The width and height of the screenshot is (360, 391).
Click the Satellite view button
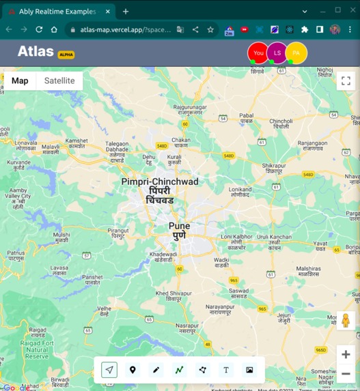59,81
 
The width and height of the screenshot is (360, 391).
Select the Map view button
20,81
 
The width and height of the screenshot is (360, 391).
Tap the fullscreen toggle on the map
345,81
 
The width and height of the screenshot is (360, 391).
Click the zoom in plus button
346,354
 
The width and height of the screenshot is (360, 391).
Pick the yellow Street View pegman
346,320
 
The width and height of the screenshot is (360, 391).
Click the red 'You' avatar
258,53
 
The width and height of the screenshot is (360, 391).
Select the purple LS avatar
277,53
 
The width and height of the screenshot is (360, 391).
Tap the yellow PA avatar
296,53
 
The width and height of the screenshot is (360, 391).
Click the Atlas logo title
36,52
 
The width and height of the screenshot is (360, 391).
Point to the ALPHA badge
66,55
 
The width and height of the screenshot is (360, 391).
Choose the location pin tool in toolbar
133,370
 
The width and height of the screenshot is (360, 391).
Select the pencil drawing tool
156,370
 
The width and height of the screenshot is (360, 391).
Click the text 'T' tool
226,370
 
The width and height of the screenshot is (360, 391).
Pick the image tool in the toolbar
249,370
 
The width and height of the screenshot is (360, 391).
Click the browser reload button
39,29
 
